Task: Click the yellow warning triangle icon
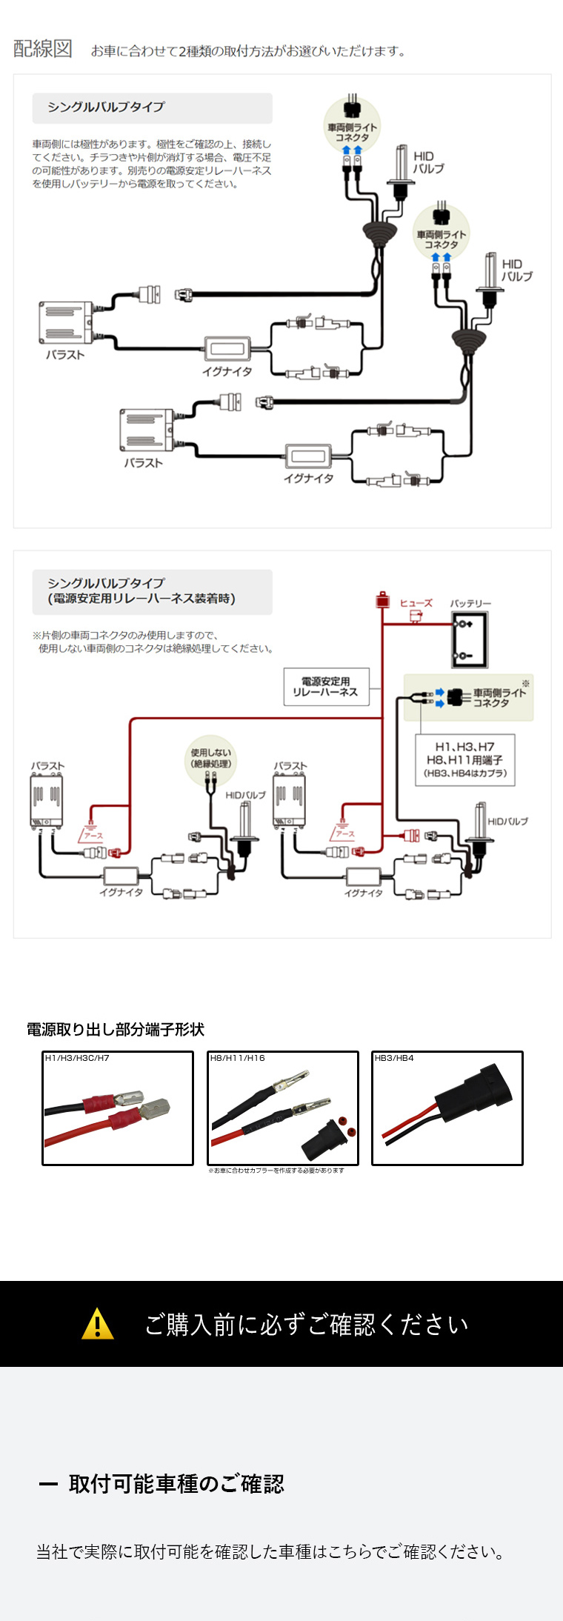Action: (98, 1323)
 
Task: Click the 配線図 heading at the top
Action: (43, 49)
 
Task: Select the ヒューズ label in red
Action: (416, 603)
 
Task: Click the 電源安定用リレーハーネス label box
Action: (326, 687)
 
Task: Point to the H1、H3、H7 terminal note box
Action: (464, 759)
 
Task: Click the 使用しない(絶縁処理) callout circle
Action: (211, 759)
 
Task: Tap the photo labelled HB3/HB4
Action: (447, 1108)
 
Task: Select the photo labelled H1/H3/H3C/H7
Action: (117, 1108)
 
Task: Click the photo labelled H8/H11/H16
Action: (282, 1108)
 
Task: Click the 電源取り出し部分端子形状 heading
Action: (115, 1029)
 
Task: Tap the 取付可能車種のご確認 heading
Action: (176, 1483)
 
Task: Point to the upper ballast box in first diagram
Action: (66, 322)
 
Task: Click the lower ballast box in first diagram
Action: (147, 430)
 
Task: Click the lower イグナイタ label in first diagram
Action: (308, 479)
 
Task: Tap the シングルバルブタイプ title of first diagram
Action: (107, 107)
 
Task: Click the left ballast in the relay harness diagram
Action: (46, 800)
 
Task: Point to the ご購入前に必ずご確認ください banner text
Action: (306, 1324)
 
